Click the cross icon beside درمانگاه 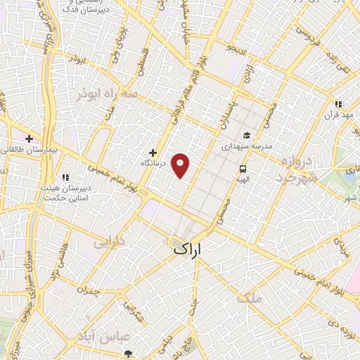[152, 153]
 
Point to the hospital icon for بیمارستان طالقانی [28, 139]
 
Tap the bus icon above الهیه [243, 169]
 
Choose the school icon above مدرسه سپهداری [246, 136]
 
